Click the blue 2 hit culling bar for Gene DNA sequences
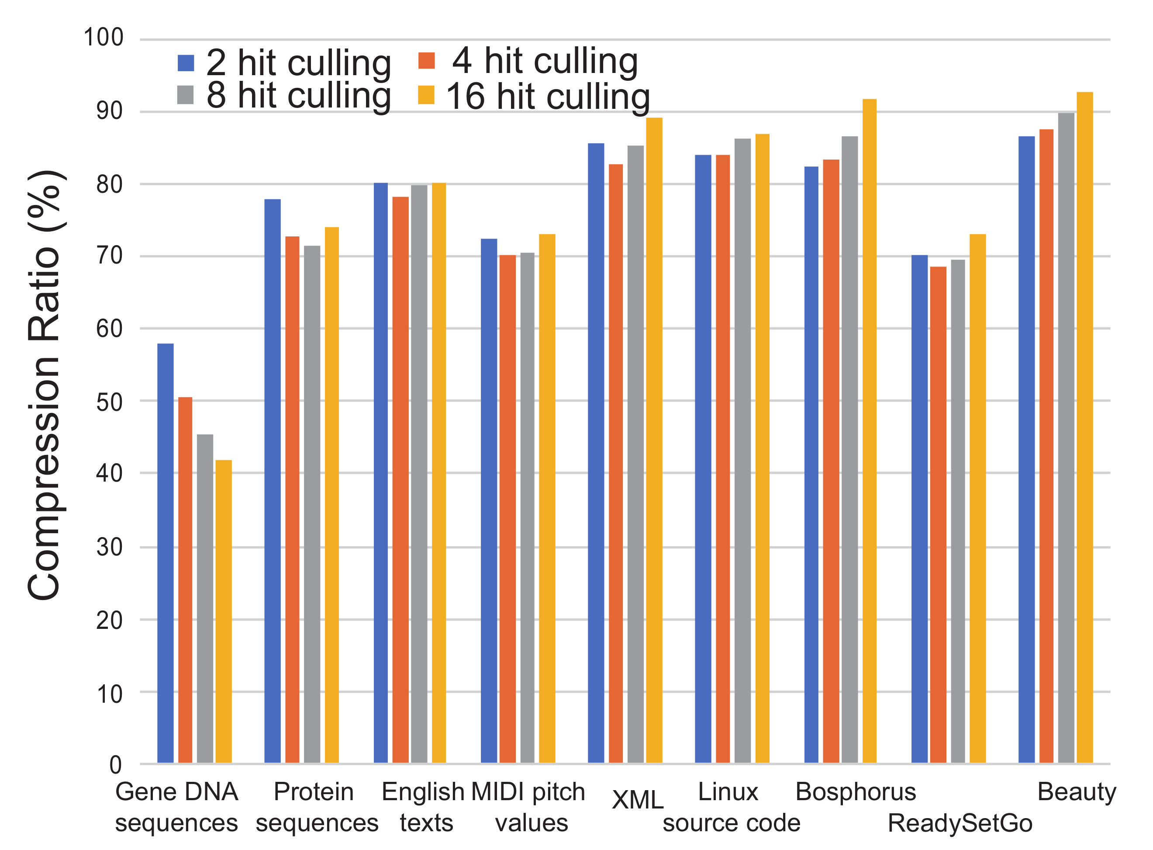165,553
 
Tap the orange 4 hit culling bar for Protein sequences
292,499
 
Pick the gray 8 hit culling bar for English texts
419,473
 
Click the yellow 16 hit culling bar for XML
654,440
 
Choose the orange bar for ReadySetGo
938,514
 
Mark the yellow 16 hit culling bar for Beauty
1084,427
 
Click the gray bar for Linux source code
742,450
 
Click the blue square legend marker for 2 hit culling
186,63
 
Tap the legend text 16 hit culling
548,96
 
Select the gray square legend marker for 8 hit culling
185,95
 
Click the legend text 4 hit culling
545,61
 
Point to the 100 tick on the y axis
104,38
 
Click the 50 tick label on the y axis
109,402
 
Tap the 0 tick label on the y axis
115,765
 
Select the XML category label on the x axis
638,800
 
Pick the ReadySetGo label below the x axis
960,824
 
